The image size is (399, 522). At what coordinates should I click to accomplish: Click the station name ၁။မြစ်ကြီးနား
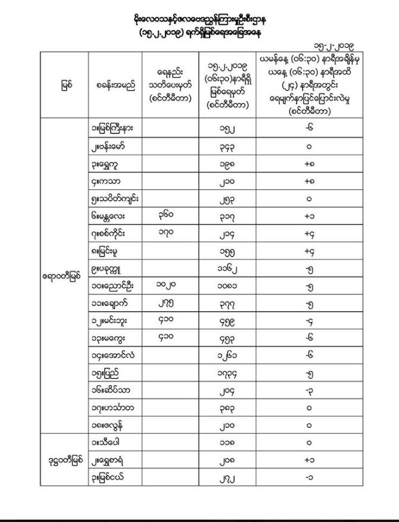114,127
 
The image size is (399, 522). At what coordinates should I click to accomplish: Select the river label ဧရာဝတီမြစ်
64,276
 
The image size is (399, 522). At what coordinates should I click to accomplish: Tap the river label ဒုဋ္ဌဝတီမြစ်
64,460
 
